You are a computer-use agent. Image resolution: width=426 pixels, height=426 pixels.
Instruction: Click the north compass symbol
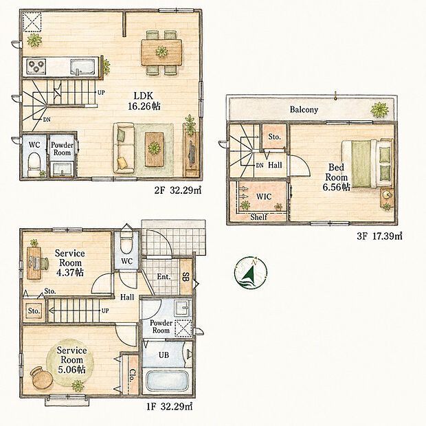251,273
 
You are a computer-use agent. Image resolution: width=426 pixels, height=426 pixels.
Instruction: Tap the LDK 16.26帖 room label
144,101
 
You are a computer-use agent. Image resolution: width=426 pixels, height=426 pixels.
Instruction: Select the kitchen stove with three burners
36,66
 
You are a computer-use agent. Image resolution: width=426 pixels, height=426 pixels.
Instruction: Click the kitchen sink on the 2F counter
82,67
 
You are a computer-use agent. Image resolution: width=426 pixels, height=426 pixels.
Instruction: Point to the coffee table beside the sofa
155,149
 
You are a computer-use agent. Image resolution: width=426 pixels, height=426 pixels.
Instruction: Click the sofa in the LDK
124,148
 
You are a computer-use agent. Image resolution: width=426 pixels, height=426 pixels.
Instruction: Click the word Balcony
304,109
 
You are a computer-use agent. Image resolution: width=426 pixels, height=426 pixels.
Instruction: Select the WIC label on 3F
264,197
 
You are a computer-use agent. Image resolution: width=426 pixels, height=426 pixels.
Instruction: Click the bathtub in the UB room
167,381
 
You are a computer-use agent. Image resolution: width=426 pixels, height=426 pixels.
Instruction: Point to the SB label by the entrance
186,277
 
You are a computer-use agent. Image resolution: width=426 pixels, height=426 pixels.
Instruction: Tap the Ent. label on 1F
164,277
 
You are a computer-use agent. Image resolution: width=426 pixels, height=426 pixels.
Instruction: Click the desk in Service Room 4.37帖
34,263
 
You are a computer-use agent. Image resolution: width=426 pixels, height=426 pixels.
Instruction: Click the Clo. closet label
133,375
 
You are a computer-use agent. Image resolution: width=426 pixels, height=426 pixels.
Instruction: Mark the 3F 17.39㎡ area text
379,236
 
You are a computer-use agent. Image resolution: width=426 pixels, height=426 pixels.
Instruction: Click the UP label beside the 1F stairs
105,311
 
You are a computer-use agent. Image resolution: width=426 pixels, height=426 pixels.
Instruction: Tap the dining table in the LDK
161,52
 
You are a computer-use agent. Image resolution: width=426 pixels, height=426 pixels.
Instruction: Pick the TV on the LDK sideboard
192,153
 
